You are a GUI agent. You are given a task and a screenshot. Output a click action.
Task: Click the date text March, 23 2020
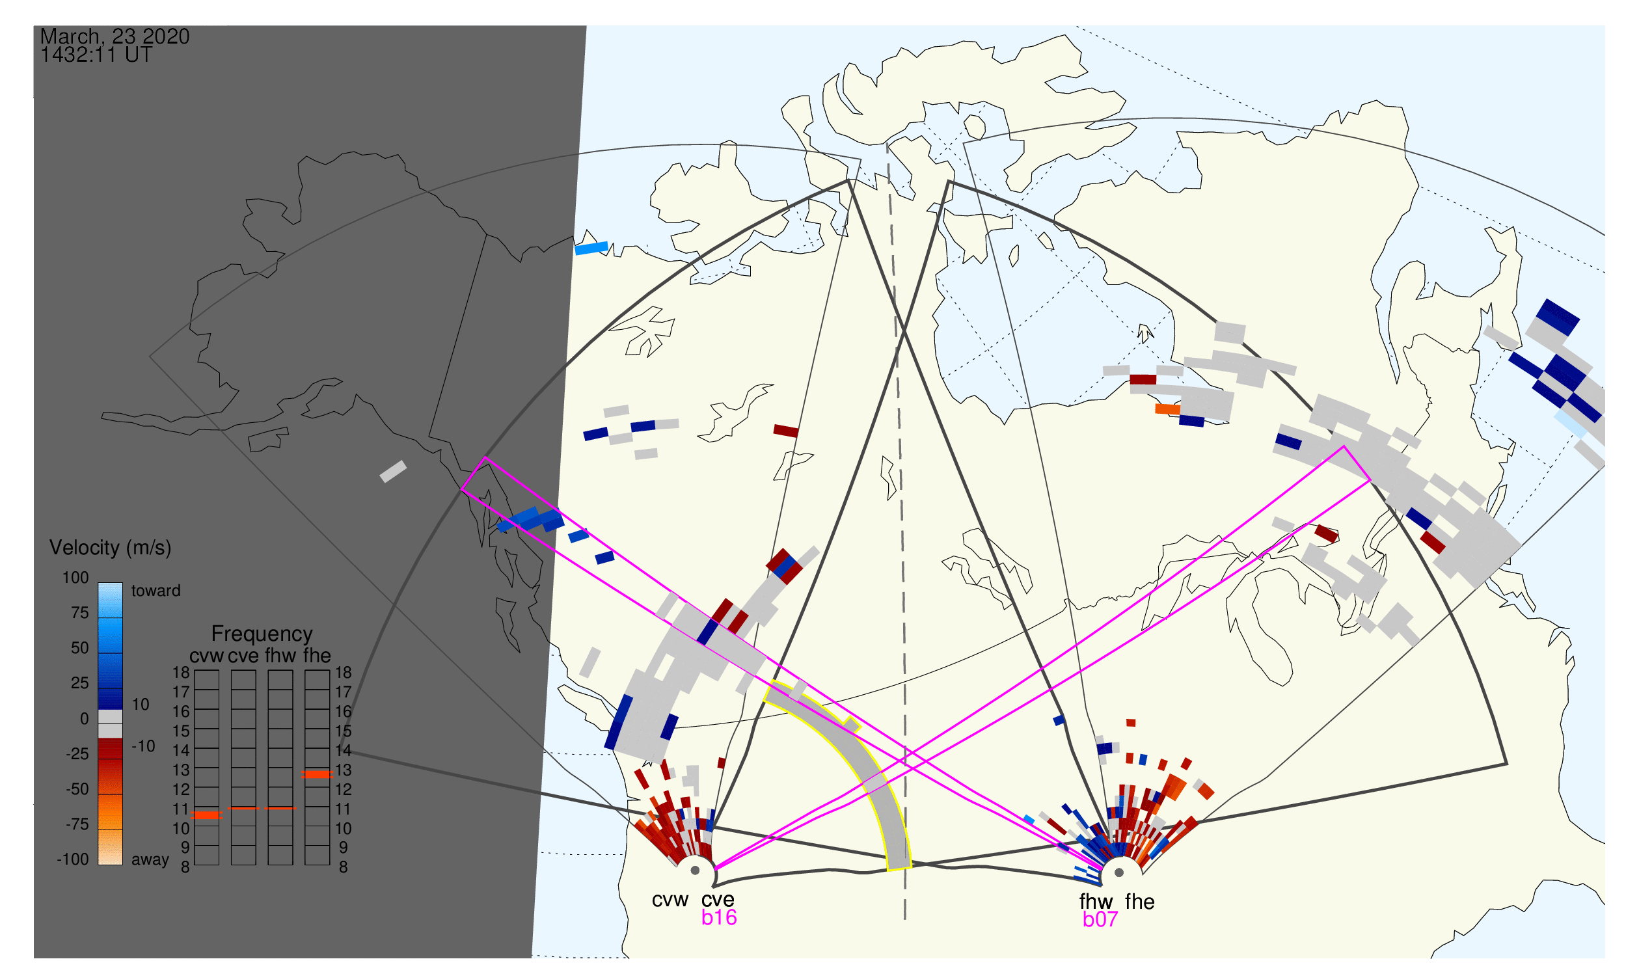115,36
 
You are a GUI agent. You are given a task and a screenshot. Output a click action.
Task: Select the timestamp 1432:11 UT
96,55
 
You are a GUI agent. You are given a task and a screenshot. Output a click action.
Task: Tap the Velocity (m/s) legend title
110,548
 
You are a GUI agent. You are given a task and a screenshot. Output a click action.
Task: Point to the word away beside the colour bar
150,860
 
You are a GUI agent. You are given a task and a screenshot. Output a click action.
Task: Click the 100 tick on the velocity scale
75,578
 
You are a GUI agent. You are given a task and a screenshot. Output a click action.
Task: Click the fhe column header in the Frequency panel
317,656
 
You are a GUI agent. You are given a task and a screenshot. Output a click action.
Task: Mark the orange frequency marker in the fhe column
317,775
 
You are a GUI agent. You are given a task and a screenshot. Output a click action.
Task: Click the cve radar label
718,900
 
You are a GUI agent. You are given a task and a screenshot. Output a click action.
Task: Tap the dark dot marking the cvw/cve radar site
695,871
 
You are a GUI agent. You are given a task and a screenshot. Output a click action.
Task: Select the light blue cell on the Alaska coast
591,249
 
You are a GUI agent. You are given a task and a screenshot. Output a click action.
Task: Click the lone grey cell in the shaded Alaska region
394,472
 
